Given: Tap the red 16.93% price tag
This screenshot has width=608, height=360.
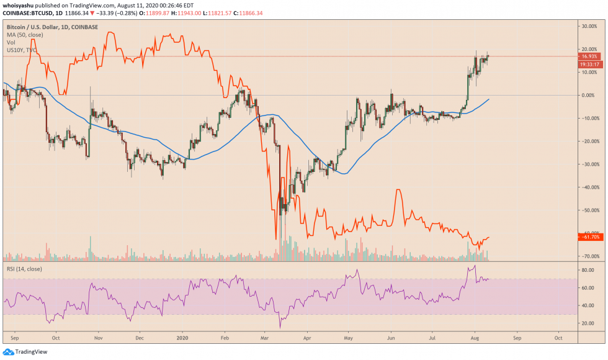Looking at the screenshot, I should (588, 56).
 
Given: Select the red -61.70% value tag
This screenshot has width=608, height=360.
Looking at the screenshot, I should (588, 237).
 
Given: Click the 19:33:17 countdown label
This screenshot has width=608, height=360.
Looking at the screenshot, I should (588, 64).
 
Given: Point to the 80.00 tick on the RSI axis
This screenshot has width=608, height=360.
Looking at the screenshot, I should (587, 271).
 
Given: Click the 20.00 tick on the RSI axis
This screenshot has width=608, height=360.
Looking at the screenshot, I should (587, 323).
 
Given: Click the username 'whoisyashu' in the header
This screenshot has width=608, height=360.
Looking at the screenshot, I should (18, 4).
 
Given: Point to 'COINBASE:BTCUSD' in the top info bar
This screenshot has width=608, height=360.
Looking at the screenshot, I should (27, 12).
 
